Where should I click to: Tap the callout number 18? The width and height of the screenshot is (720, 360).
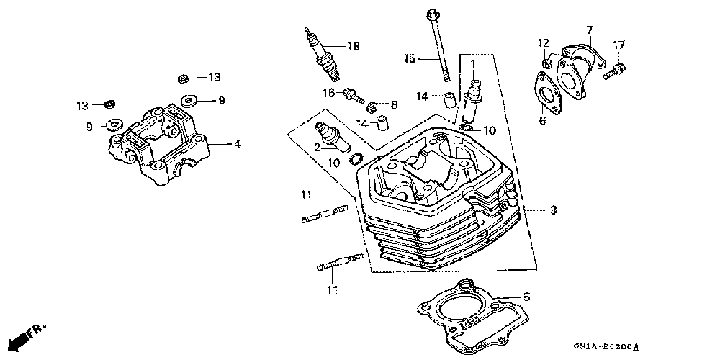[352, 48]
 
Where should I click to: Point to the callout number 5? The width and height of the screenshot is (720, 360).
[526, 297]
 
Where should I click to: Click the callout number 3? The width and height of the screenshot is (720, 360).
[553, 210]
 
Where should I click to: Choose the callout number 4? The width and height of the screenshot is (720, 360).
[237, 144]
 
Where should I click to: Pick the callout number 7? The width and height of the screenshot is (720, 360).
[589, 30]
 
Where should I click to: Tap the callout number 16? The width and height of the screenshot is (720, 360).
[328, 93]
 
